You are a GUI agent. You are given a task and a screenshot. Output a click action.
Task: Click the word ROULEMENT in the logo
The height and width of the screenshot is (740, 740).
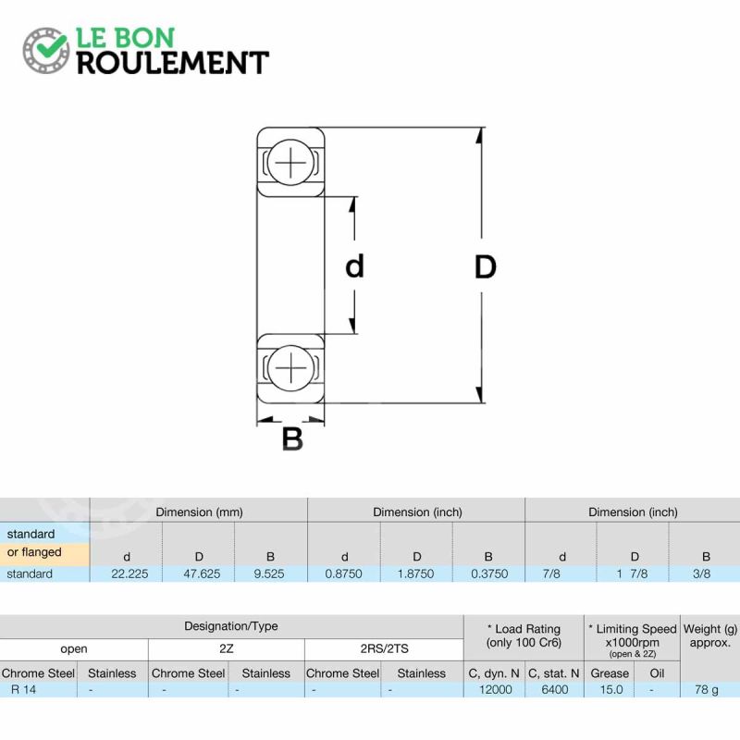173,63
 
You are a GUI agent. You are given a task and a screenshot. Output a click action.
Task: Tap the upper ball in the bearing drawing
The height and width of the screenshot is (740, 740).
290,161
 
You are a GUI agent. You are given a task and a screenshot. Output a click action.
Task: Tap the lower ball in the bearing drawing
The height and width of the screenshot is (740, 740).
290,367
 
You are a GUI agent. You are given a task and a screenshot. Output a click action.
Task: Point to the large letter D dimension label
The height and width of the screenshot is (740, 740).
485,267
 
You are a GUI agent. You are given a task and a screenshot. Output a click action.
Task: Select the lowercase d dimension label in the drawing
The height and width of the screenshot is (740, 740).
355,265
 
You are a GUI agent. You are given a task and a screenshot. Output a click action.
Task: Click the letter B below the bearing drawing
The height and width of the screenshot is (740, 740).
292,438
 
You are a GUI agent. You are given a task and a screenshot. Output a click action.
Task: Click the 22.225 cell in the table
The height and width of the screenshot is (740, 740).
129,573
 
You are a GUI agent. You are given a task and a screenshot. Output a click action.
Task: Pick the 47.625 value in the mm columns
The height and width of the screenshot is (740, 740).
202,573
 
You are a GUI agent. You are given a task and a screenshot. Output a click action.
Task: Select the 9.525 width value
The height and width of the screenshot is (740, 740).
269,573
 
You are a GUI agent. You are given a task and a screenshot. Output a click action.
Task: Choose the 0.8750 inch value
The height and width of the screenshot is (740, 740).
343,573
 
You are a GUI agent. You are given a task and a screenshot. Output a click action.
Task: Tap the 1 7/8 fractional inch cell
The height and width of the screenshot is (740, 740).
632,573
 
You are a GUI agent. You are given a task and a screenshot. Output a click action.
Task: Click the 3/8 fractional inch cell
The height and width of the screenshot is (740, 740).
702,573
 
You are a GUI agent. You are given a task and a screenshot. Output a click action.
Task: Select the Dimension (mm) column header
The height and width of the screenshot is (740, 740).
199,512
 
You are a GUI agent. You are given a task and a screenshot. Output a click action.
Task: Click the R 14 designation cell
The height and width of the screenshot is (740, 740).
24,689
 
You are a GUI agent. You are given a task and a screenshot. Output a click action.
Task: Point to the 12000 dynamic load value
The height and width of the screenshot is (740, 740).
496,689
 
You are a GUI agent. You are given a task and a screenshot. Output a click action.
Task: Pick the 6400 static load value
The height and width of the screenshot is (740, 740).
555,689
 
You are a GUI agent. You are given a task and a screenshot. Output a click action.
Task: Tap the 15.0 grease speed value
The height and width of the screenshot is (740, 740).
611,689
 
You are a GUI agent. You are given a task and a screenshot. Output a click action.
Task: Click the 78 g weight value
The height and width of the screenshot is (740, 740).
707,690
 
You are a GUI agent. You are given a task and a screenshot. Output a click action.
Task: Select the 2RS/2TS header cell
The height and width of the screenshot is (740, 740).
385,649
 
